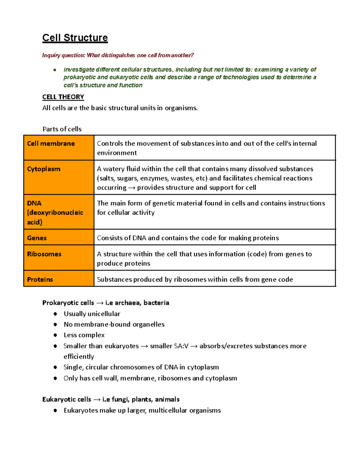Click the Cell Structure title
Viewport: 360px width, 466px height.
[75, 38]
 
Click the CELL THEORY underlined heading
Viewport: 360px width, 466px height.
[63, 97]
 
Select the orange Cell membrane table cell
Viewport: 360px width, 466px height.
[59, 147]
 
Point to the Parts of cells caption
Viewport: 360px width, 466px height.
[62, 129]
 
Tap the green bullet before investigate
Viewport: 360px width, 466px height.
[55, 70]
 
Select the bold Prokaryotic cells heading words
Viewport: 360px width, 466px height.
[68, 303]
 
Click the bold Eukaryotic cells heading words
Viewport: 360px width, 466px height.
[67, 399]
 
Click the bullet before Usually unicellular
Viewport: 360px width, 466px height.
[55, 314]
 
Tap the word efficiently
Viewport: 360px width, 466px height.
[79, 356]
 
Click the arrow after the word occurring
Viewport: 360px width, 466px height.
[132, 188]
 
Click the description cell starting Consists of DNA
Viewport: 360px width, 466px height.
[214, 238]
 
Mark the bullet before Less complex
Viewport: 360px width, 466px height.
[55, 335]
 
